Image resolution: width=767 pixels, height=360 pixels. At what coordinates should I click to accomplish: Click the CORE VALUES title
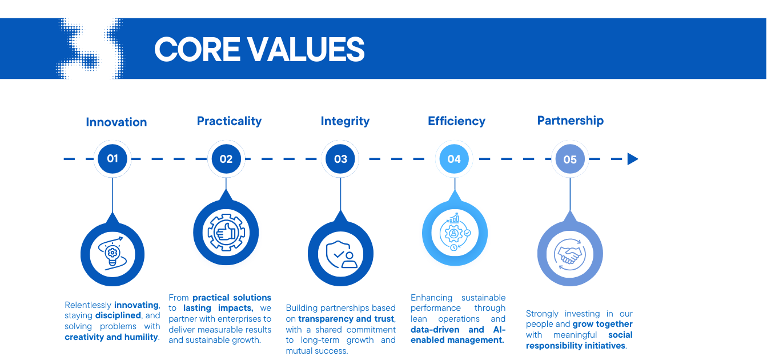(x=259, y=49)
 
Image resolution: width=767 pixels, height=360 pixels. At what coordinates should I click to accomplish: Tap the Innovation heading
(x=117, y=122)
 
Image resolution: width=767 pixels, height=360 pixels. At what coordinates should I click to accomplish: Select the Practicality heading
(x=229, y=121)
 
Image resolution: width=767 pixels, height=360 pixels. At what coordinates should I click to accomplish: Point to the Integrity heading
(x=345, y=121)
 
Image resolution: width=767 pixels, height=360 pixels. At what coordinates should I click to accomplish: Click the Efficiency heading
(x=456, y=121)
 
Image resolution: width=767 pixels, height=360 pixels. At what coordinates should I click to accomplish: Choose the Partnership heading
(x=571, y=121)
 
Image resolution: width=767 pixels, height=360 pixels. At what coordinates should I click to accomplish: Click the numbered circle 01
(x=113, y=159)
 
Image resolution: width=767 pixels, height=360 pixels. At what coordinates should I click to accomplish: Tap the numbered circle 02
(x=226, y=159)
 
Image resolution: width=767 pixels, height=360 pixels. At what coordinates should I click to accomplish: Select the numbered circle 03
(x=340, y=159)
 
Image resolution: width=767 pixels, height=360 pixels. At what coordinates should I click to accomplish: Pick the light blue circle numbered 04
(x=454, y=159)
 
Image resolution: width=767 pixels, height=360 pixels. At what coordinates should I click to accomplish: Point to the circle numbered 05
(x=570, y=159)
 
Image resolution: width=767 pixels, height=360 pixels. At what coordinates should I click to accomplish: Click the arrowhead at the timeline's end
(x=633, y=159)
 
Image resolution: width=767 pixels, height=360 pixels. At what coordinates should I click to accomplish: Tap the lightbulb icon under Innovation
(x=113, y=254)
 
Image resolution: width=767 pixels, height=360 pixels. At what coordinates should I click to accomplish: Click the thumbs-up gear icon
(x=226, y=233)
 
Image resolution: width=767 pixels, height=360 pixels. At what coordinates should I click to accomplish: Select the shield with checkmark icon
(x=342, y=254)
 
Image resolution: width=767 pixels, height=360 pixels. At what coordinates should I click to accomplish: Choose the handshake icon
(x=570, y=254)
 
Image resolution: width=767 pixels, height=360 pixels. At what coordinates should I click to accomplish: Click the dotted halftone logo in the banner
(x=90, y=49)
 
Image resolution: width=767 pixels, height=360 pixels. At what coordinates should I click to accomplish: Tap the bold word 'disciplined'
(x=118, y=315)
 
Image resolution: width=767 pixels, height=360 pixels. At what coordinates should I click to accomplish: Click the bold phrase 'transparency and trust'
(x=346, y=319)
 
